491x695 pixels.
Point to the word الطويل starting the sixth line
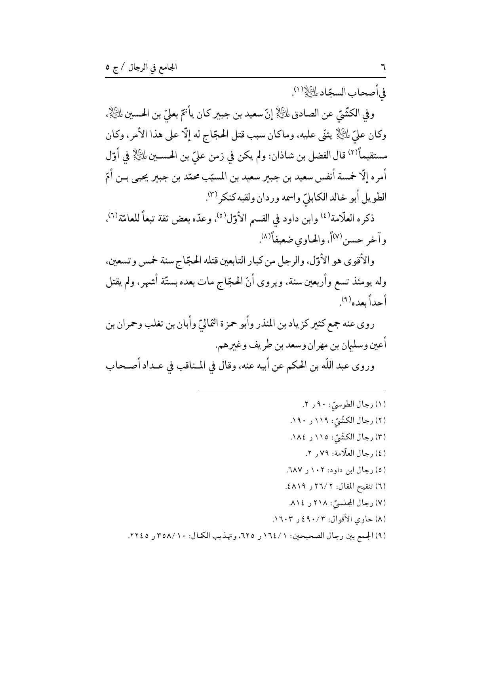pos(372,197)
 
